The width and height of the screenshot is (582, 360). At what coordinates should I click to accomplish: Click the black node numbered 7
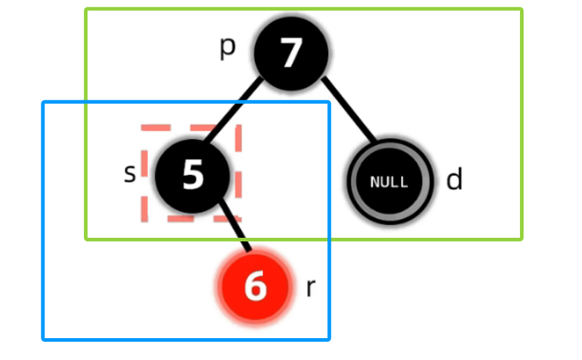point(291,54)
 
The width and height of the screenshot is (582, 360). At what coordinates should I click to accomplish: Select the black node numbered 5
point(193,175)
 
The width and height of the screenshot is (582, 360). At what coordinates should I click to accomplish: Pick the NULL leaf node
point(390,181)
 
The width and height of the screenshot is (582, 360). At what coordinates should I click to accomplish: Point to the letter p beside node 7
point(227,47)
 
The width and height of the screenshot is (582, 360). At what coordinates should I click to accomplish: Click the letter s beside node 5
point(130,173)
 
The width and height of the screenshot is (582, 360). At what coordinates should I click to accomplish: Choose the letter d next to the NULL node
point(454,180)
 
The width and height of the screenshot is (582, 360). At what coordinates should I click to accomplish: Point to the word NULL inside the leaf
point(390,182)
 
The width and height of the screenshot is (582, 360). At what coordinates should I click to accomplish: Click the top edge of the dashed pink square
point(192,127)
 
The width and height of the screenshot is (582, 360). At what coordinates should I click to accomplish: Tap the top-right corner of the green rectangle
point(521,10)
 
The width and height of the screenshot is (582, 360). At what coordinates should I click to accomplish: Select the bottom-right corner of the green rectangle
point(521,238)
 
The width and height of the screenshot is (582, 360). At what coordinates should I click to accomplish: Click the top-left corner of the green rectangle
point(86,10)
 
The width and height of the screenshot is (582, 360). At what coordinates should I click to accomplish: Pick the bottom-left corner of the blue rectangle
point(44,339)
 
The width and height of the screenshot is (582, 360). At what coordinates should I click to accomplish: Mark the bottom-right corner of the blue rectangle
point(328,339)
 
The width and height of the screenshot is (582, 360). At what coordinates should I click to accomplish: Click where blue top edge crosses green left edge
point(86,102)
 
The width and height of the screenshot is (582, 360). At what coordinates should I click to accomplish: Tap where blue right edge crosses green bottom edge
point(328,238)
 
